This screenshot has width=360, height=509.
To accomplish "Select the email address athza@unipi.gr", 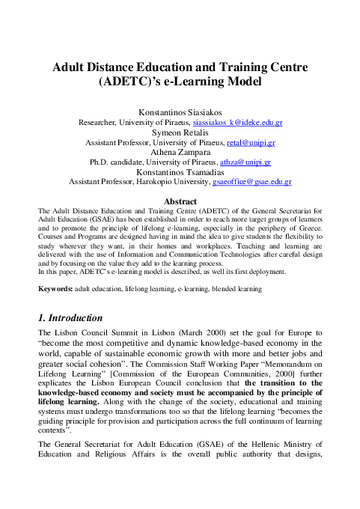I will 244,161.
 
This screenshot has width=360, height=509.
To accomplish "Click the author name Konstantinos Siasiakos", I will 180,112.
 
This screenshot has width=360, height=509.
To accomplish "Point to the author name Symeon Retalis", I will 180,132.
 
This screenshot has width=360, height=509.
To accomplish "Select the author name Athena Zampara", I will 180,151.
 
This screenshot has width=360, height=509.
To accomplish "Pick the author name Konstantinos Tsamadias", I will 180,171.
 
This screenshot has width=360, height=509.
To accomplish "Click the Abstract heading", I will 180,201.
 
